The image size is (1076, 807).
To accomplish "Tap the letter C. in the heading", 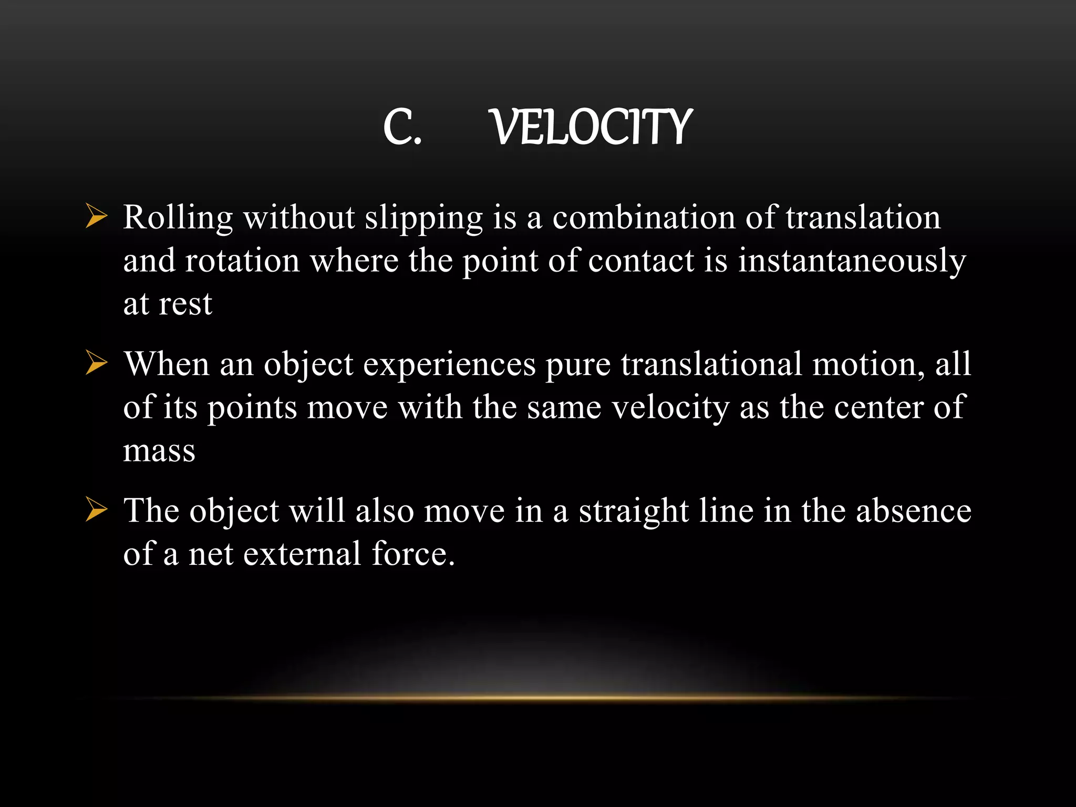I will (x=402, y=128).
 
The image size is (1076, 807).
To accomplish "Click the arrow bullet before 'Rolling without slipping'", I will (x=96, y=217).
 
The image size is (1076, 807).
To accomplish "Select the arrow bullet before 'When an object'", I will (x=96, y=364).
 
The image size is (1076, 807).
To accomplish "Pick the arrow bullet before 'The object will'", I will (x=96, y=510).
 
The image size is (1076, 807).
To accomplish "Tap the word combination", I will (x=644, y=217).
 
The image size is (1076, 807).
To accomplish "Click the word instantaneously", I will (x=852, y=261).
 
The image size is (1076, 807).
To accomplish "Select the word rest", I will (x=185, y=304).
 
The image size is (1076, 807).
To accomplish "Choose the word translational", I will (x=711, y=364).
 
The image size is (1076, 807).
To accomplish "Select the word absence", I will (x=914, y=510).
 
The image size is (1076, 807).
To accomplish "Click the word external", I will (x=302, y=553).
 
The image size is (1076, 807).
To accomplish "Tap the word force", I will (x=412, y=553).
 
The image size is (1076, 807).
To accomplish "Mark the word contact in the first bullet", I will (x=641, y=261).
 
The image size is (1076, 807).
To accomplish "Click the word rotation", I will (x=242, y=261).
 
